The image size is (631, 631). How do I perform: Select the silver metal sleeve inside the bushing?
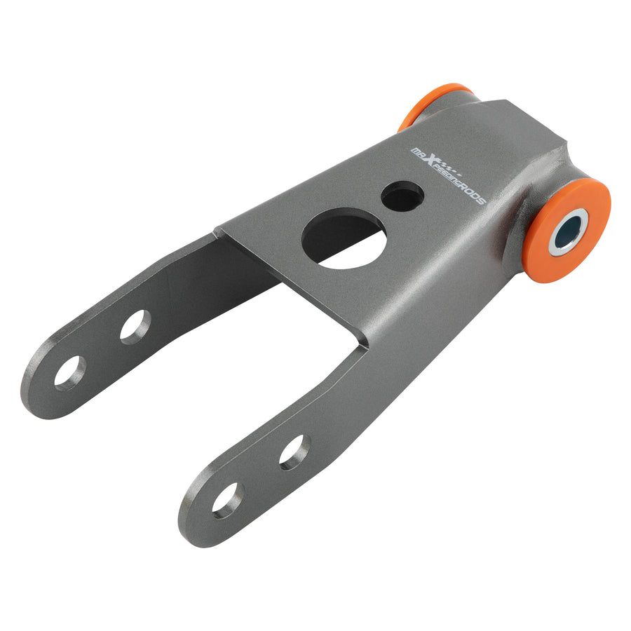point(568,231)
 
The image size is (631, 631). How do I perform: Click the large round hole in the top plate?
point(344,238)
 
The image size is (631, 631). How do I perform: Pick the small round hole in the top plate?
point(402,197)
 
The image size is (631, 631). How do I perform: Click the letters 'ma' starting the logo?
point(418,152)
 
